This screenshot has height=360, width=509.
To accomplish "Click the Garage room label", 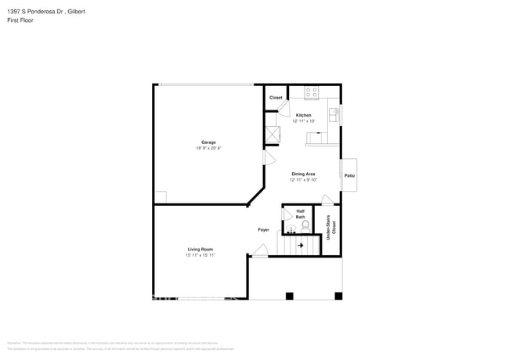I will pos(208,142).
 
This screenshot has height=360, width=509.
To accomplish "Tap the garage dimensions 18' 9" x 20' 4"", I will pos(208,148).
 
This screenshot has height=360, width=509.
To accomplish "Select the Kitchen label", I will pos(303,115).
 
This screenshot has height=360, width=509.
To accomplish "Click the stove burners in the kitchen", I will pos(311,92).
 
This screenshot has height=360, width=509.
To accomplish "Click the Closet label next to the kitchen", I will pos(276,98).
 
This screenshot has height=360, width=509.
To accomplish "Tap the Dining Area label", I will pos(303,174).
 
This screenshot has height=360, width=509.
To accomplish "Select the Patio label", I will pos(349,176).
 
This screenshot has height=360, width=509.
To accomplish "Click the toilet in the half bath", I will pos(305,225).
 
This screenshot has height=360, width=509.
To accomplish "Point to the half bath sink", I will pos(291,230).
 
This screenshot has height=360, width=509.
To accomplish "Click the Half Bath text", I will pos(300,214).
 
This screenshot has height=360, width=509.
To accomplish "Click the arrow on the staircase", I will pos(300,245).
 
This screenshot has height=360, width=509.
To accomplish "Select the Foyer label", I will pos(264,229).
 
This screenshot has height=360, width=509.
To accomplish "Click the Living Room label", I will pos(200,249).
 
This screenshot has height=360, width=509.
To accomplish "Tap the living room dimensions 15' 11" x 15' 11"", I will pos(200,255).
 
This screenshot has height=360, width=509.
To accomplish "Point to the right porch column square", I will pos(338,296).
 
